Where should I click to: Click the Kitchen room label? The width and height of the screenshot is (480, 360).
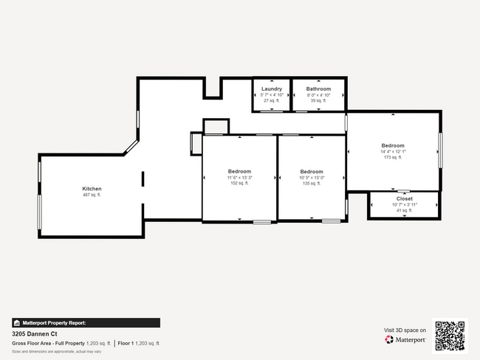point(92,189)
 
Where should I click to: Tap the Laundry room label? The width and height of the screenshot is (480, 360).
point(271,89)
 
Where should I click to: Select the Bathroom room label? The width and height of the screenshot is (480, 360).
point(318,89)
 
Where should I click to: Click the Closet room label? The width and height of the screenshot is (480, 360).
point(404,198)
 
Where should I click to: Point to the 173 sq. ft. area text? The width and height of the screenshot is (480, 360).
point(393,157)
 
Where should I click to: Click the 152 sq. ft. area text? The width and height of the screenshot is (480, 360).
point(239,183)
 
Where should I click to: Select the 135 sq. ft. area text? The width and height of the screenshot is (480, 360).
point(311,183)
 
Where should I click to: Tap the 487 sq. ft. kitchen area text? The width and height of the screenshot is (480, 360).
point(92,195)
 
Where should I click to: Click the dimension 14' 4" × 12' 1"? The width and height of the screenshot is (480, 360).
point(393,151)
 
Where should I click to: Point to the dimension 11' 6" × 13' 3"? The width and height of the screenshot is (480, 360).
point(239,177)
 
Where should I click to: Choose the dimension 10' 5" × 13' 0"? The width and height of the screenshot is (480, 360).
point(311,177)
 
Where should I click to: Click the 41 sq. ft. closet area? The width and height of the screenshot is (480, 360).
point(404,210)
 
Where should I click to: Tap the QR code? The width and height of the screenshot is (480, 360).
point(450,336)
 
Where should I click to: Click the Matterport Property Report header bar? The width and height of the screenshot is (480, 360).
point(86,322)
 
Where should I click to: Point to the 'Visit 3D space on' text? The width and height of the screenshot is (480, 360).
point(405,330)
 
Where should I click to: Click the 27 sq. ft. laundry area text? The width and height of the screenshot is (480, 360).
point(271,100)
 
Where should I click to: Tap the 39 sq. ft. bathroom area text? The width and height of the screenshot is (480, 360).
point(318,100)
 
